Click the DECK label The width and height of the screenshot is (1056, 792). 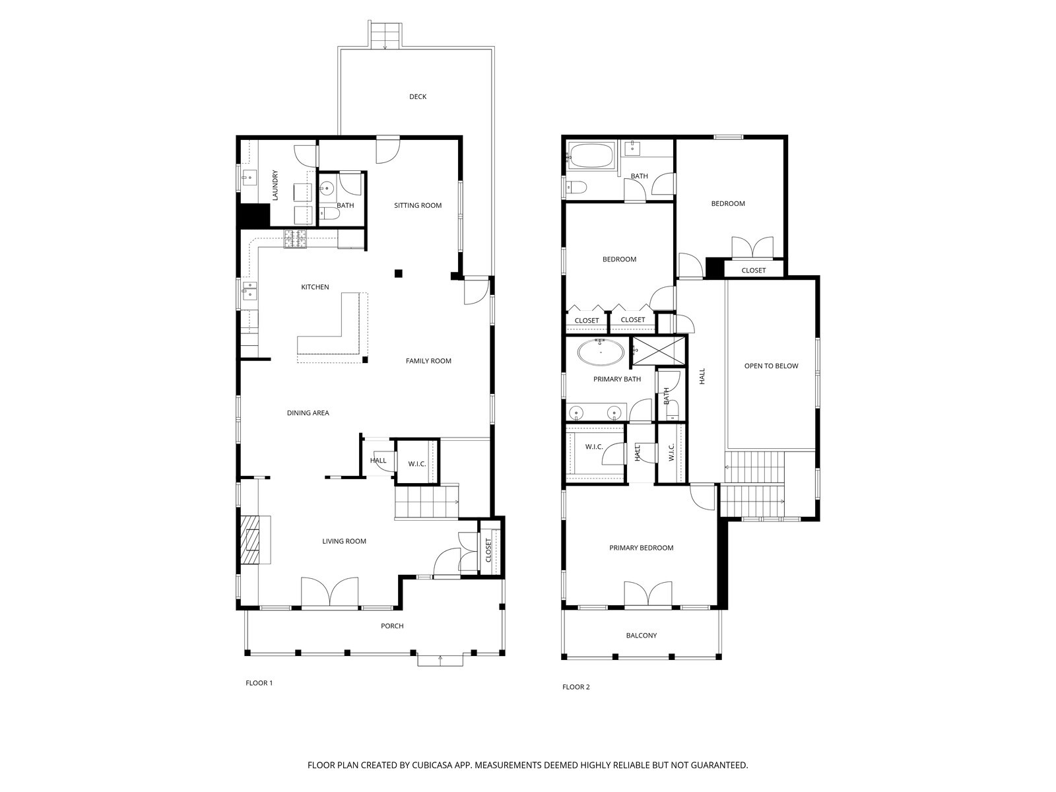[418, 97]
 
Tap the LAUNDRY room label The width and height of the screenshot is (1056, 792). [276, 185]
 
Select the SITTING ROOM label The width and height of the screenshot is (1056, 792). [418, 205]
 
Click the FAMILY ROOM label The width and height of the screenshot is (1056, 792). [428, 361]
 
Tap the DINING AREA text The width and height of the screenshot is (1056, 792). [308, 413]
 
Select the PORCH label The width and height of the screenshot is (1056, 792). [392, 626]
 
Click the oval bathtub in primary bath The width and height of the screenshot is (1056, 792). [601, 352]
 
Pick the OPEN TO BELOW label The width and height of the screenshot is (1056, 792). [771, 366]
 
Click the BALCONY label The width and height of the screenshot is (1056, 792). [642, 636]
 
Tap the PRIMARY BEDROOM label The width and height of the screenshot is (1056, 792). [641, 548]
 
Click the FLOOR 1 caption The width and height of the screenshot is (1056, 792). [259, 683]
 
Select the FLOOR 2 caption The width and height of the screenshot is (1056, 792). [576, 687]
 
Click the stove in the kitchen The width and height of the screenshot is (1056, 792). [296, 239]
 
